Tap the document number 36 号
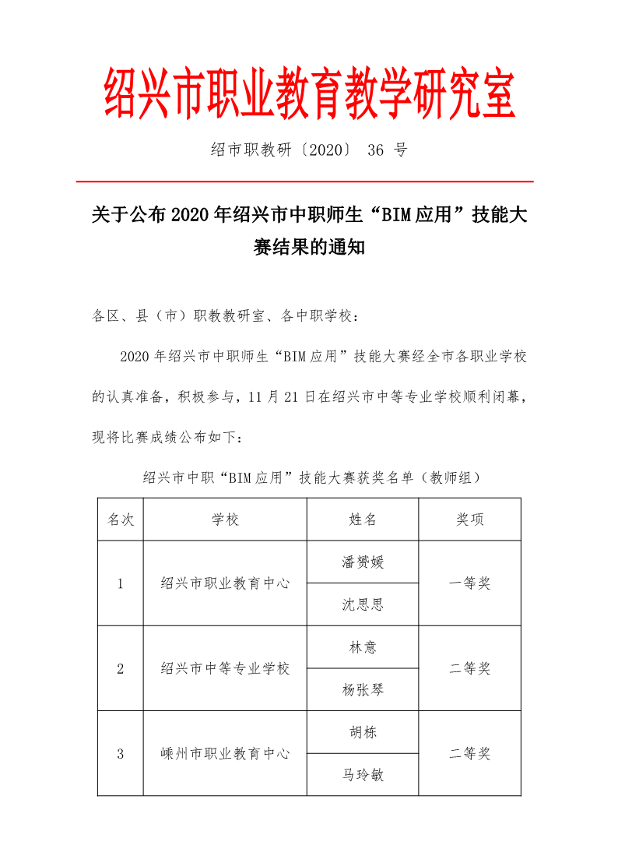click(387, 150)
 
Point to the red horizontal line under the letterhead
click(304, 181)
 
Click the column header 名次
click(121, 520)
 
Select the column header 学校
click(225, 520)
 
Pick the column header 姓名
click(363, 520)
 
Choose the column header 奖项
click(470, 520)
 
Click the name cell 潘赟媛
click(363, 562)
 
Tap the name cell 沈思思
click(363, 604)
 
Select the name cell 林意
click(363, 647)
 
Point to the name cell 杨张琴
click(363, 689)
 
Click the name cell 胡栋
click(363, 732)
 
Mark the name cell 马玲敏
click(363, 775)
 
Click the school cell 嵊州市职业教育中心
click(225, 753)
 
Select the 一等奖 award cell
click(470, 583)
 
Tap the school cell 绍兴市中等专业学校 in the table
click(225, 668)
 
